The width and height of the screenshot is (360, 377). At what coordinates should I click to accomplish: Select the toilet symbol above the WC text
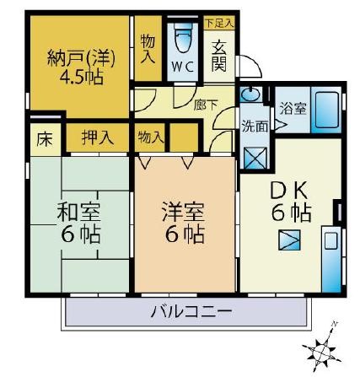[x=183, y=40]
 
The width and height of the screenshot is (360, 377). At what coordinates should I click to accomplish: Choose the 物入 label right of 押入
[x=151, y=136]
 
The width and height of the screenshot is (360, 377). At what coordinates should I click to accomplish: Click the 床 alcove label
[x=43, y=138]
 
